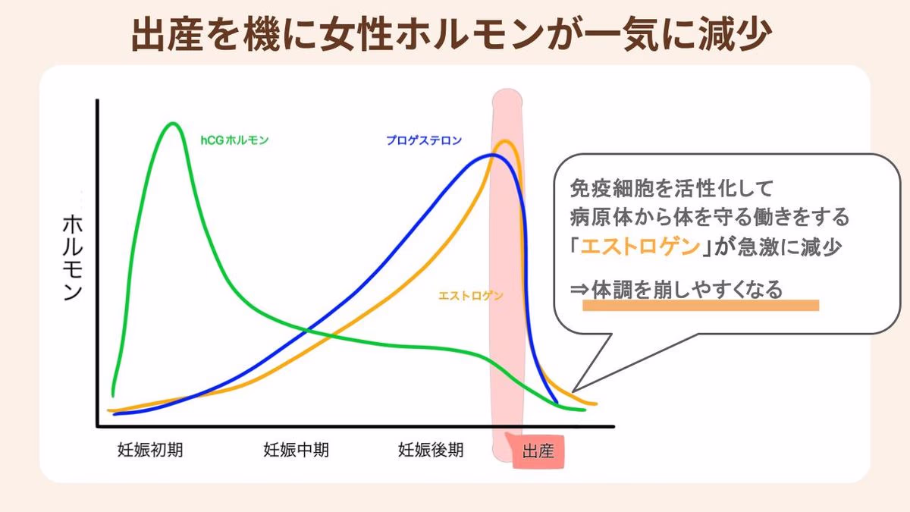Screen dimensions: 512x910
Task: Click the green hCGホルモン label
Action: [x=235, y=140]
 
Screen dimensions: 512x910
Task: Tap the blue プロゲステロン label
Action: [x=424, y=140]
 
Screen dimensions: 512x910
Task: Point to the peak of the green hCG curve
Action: [x=174, y=123]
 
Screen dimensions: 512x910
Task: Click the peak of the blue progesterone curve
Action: [x=492, y=155]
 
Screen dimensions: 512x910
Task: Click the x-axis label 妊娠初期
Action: [x=150, y=450]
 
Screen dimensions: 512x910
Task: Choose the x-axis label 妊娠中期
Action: [x=296, y=450]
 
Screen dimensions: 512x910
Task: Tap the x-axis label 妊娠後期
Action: [x=430, y=450]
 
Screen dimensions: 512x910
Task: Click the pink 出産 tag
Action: [x=538, y=453]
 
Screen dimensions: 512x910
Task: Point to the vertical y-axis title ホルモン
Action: [x=72, y=258]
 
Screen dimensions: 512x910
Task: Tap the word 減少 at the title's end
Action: [x=740, y=34]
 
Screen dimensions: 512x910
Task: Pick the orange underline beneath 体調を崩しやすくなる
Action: [x=701, y=305]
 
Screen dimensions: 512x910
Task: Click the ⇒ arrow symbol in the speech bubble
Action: [x=580, y=290]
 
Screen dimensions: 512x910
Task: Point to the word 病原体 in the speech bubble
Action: [x=599, y=217]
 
